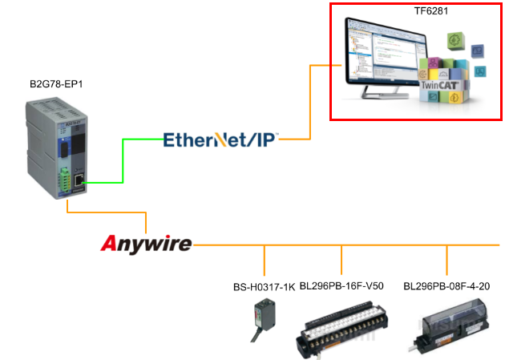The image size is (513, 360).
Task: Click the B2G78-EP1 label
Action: coord(55,84)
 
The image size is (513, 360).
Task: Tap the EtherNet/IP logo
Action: coord(220,140)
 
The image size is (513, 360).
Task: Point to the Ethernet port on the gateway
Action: coord(77,182)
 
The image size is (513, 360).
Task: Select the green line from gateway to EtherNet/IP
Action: coord(122,160)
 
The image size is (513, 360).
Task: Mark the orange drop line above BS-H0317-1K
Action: coord(265,261)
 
